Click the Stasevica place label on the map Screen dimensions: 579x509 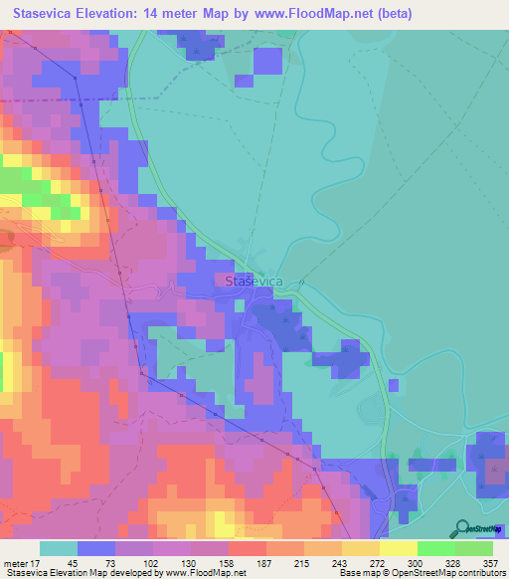pyautogui.click(x=255, y=283)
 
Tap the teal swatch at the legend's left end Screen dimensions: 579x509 pyautogui.click(x=58, y=548)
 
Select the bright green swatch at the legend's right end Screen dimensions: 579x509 pyautogui.click(x=474, y=548)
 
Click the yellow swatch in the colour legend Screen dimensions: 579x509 pyautogui.click(x=398, y=548)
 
